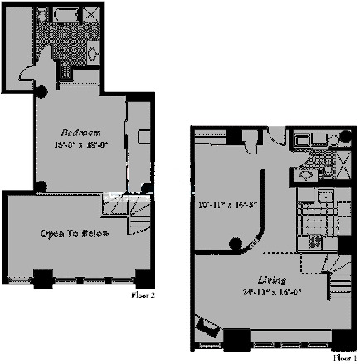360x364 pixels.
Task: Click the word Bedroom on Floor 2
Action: coord(80,132)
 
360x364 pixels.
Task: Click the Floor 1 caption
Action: coord(343,357)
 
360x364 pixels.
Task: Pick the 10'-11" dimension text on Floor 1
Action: coord(221,203)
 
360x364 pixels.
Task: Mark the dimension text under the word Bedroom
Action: coord(80,143)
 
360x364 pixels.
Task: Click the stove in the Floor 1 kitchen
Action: coord(316,242)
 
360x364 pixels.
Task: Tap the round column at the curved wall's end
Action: coord(236,244)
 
